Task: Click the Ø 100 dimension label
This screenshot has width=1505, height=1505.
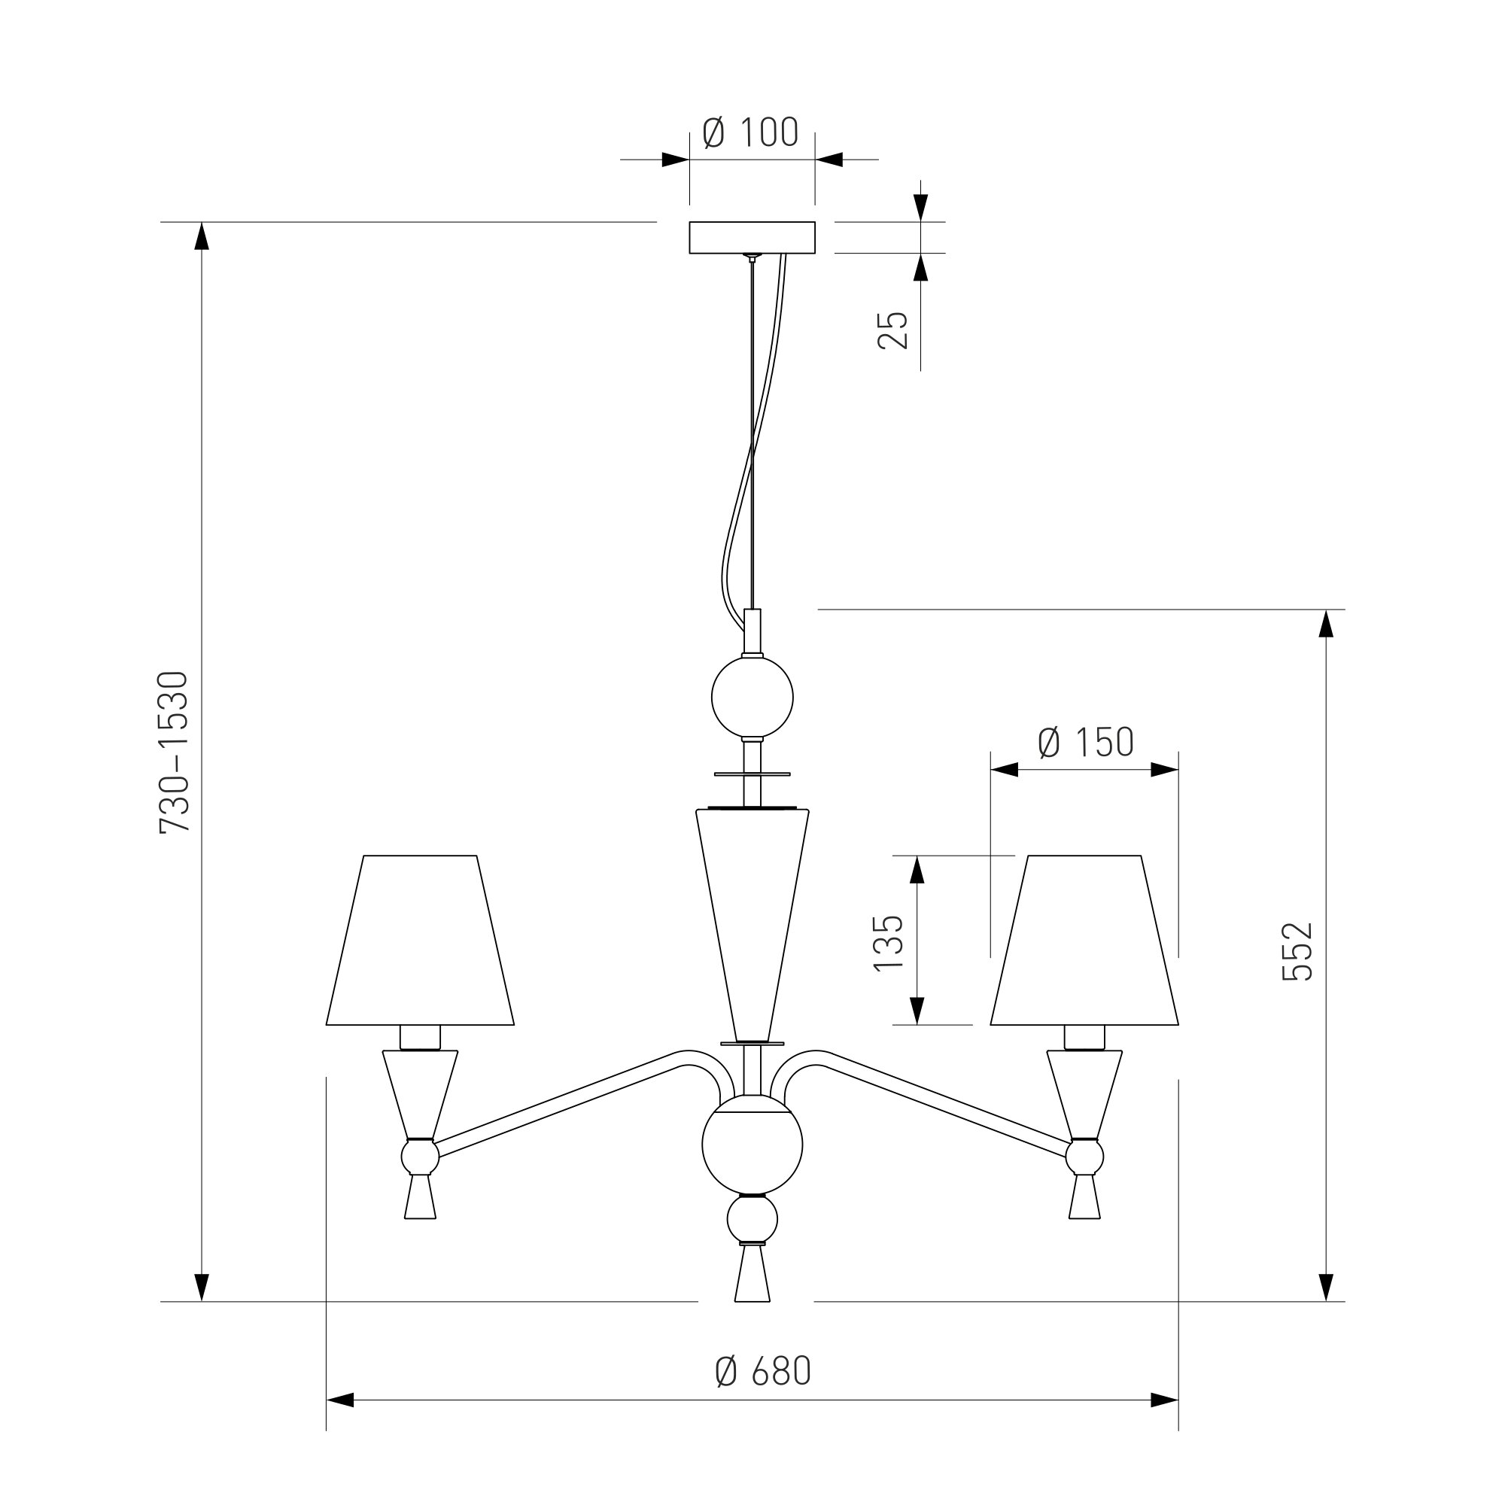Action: coord(750,132)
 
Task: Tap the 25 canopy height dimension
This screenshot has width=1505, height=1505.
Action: coord(893,330)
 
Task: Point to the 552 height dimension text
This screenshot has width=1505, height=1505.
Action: coord(1298,951)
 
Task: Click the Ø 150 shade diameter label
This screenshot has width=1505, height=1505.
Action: coord(1085,743)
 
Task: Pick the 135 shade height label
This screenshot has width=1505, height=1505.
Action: coord(888,944)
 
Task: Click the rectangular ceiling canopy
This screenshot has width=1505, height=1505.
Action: coord(752,238)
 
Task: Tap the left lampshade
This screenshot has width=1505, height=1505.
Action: coord(420,942)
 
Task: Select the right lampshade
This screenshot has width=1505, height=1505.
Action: coord(1084,942)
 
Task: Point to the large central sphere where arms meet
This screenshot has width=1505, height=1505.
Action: coord(752,1145)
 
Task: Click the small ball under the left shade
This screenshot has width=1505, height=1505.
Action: coord(420,1157)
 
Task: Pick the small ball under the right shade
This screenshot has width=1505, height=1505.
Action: coord(1084,1157)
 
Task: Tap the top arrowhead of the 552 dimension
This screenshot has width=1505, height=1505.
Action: coord(1326,623)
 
